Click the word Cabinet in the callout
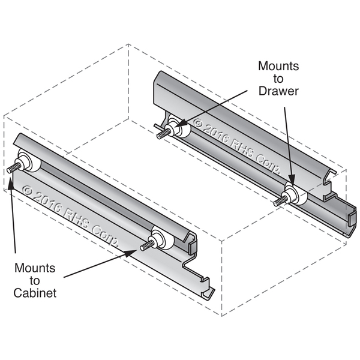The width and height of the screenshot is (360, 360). point(35,293)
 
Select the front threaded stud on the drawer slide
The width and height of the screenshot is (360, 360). point(280,201)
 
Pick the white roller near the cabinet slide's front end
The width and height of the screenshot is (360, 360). point(163,238)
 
